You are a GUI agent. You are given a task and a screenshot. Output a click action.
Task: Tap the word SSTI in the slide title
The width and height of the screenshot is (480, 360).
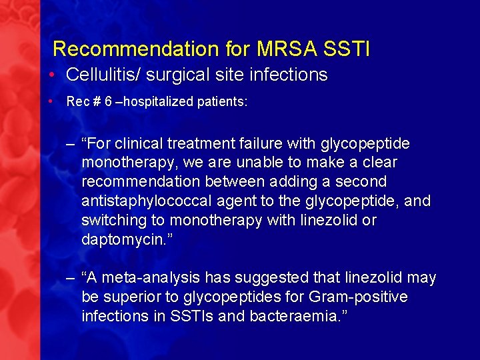point(347,49)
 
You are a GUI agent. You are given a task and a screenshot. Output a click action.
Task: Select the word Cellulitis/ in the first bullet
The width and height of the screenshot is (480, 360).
point(103,75)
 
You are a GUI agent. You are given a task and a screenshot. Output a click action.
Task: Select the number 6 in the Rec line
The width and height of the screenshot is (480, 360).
point(108,102)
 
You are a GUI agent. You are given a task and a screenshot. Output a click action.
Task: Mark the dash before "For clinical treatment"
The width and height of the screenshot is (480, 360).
point(71,144)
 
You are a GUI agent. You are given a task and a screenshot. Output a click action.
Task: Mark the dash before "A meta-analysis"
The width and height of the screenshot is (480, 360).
point(71,278)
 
